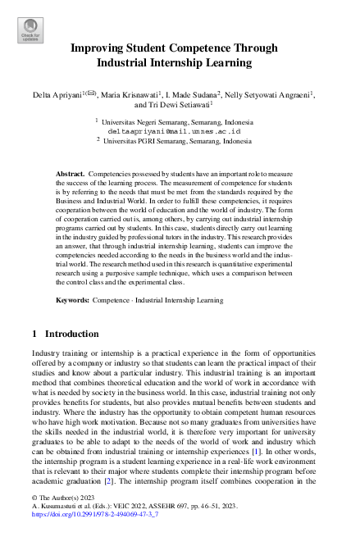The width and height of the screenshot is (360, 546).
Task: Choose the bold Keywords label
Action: [x=73, y=301]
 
